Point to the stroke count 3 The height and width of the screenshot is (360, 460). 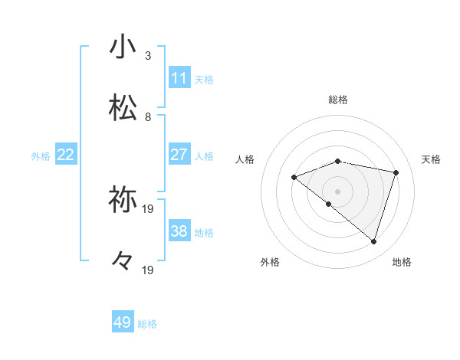point(148,56)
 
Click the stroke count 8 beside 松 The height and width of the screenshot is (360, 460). point(148,117)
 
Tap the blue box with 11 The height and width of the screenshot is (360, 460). point(179,78)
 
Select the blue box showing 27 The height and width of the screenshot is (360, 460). point(179,155)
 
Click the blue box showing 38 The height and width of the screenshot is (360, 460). point(179,231)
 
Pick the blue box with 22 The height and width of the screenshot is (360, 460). point(66,155)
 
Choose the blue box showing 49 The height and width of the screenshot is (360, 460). point(123,322)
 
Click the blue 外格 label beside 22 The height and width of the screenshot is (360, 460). point(41,156)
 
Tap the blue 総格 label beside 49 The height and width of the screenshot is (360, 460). point(147,324)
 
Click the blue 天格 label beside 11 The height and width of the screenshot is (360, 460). point(204,80)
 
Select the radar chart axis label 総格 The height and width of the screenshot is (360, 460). point(338,100)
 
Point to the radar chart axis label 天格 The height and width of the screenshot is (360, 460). point(431,159)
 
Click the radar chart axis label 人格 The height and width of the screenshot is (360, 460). point(245,159)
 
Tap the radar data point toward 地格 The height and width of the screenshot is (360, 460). point(373,241)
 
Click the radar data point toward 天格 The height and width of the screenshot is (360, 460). point(396,172)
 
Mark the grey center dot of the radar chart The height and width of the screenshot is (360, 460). point(338,191)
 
